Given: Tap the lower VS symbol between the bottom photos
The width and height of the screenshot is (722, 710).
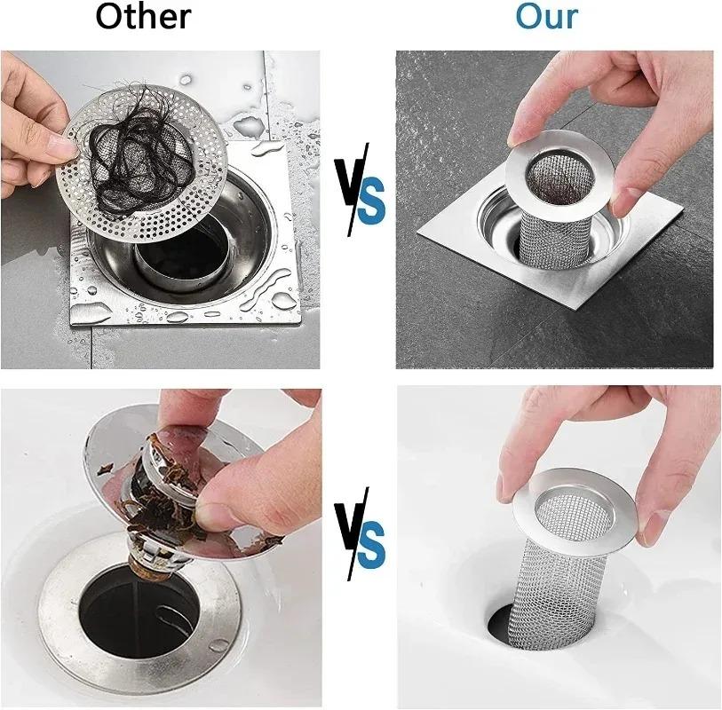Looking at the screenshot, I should point(359,533).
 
